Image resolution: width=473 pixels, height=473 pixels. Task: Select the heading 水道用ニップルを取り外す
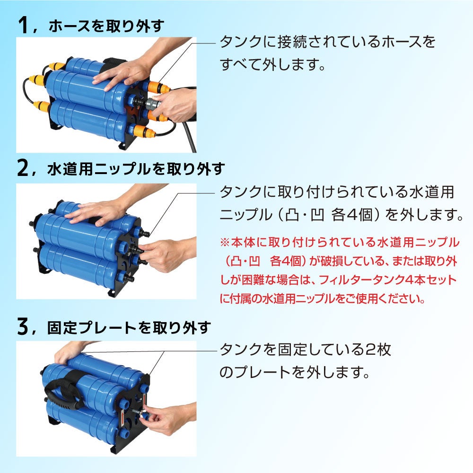135,169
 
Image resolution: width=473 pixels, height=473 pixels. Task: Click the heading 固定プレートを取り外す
128,328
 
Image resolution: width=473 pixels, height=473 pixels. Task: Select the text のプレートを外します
294,372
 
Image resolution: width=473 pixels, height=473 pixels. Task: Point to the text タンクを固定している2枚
305,350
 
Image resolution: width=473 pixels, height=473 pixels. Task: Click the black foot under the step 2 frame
111,294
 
